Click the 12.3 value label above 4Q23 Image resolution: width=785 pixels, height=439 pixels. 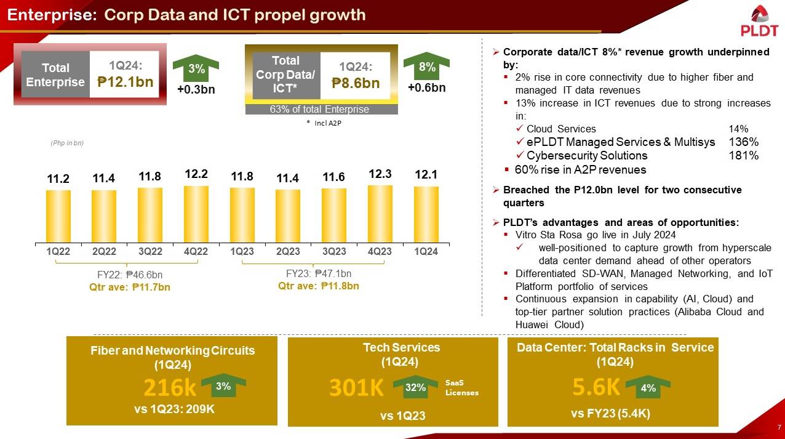pos(380,175)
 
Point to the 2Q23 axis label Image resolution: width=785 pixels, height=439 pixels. pos(288,251)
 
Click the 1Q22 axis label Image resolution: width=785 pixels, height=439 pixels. pos(58,251)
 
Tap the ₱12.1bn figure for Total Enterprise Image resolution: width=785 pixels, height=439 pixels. pos(126,82)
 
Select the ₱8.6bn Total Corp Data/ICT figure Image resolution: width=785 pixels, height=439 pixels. pos(356,83)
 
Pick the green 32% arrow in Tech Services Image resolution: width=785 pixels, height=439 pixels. pos(415,388)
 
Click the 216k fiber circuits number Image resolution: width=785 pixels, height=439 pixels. pos(170,388)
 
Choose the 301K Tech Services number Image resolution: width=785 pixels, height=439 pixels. pos(356,388)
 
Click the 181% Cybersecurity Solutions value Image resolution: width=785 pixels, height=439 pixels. pos(743,156)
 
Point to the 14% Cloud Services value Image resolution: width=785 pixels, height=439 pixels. pos(738,129)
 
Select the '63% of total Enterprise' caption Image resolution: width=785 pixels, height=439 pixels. pos(320,110)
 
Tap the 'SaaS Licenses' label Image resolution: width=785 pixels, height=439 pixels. pos(461,388)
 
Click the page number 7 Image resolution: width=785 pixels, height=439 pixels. pos(779,428)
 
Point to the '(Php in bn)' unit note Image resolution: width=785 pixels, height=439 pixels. pos(66,143)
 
